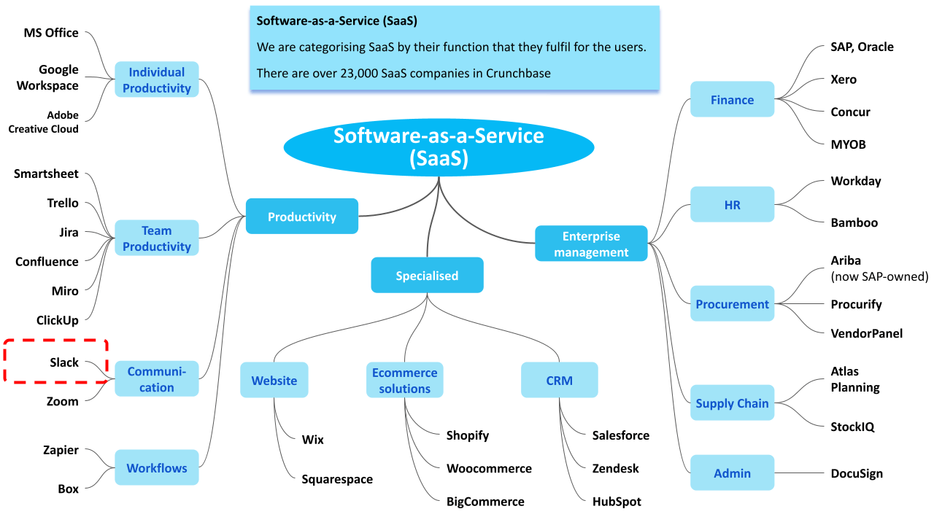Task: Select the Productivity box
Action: tap(301, 217)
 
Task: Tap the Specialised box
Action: tap(427, 276)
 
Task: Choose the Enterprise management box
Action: tap(591, 244)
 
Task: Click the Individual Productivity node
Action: tap(157, 80)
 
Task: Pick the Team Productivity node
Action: tap(157, 238)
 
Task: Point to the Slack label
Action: tap(64, 362)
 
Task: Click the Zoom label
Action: tap(63, 401)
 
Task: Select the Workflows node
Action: tap(157, 468)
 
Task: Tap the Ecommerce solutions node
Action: tap(404, 381)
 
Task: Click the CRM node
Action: tap(559, 381)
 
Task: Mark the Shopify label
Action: tap(468, 435)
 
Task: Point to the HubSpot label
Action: tap(617, 502)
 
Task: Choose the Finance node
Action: tap(732, 100)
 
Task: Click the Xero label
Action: tap(844, 79)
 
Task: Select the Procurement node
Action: tap(732, 304)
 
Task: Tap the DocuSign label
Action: tap(857, 473)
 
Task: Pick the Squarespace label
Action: tap(337, 479)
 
